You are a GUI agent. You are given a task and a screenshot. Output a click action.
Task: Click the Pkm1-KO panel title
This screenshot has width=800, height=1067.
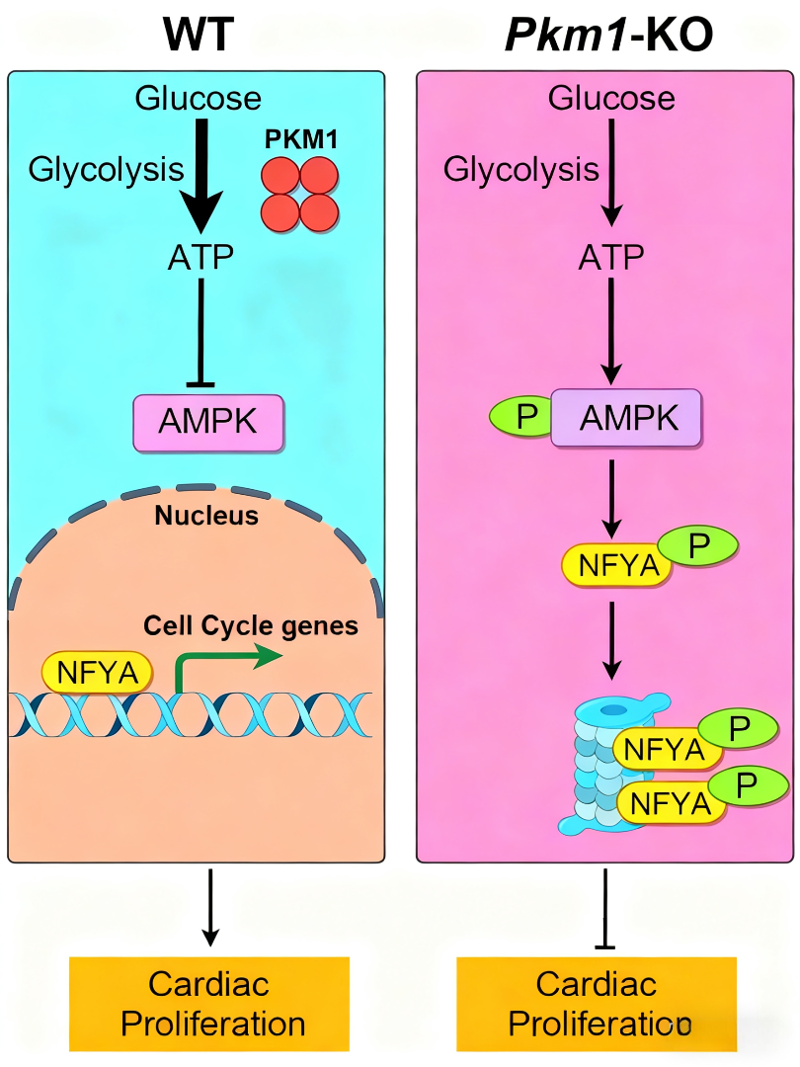608,35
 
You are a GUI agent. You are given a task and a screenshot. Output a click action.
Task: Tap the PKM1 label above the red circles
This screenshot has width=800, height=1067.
301,139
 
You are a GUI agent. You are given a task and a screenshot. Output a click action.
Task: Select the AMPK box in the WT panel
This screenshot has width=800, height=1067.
208,423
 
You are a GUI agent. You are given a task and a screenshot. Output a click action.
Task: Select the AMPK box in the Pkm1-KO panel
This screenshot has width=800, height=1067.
626,418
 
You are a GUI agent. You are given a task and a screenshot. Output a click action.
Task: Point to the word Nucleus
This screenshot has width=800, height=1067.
205,516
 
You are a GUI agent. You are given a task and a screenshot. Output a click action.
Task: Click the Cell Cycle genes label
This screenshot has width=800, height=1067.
250,625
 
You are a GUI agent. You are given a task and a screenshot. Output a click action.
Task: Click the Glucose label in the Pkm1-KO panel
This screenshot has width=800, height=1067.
612,99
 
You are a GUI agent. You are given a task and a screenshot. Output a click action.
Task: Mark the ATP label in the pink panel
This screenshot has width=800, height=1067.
611,258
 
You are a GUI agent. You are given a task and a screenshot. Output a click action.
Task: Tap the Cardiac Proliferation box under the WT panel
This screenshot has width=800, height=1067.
209,1003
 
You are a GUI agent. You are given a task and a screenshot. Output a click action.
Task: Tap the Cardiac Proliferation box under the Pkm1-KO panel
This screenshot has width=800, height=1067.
597,1003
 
